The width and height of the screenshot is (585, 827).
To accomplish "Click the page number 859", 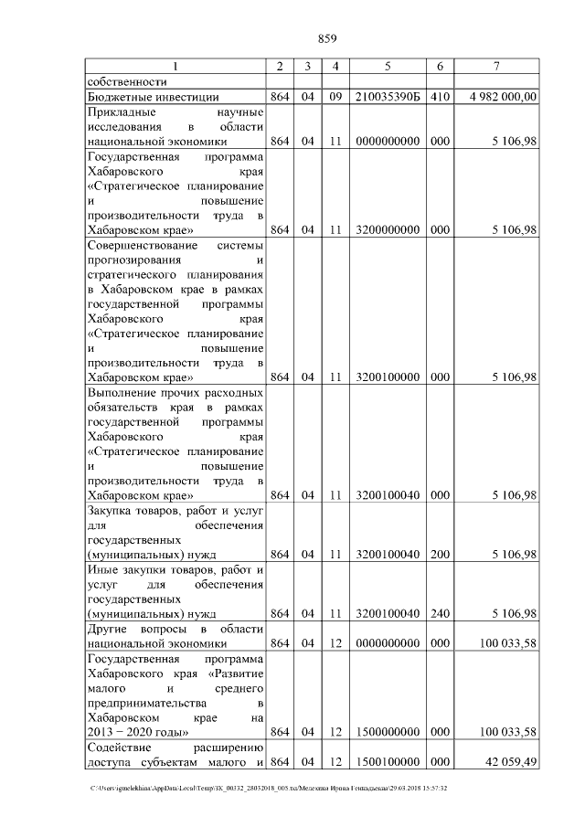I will [x=327, y=38].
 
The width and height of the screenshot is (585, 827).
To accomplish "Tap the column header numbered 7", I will [x=495, y=66].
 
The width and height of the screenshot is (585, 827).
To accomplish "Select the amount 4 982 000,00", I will [x=502, y=96].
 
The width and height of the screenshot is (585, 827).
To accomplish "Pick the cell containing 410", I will [x=440, y=96].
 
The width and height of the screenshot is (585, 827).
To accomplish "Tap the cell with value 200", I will [x=440, y=554].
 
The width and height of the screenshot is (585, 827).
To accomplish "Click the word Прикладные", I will [x=120, y=111].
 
